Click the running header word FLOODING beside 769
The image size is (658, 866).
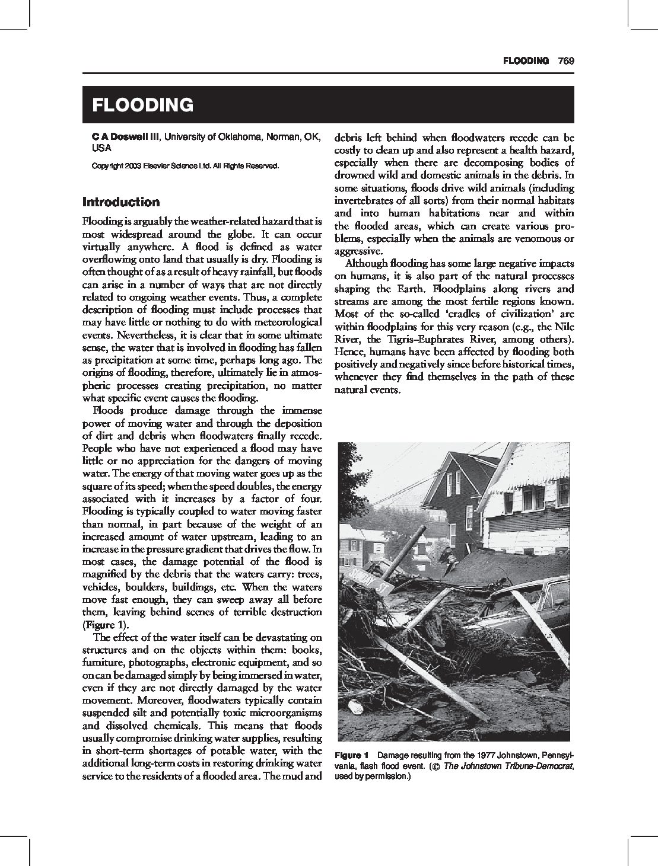coord(525,60)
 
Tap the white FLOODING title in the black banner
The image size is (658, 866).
coord(142,105)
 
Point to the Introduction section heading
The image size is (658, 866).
coord(121,202)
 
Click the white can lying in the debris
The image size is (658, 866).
coord(355,707)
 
